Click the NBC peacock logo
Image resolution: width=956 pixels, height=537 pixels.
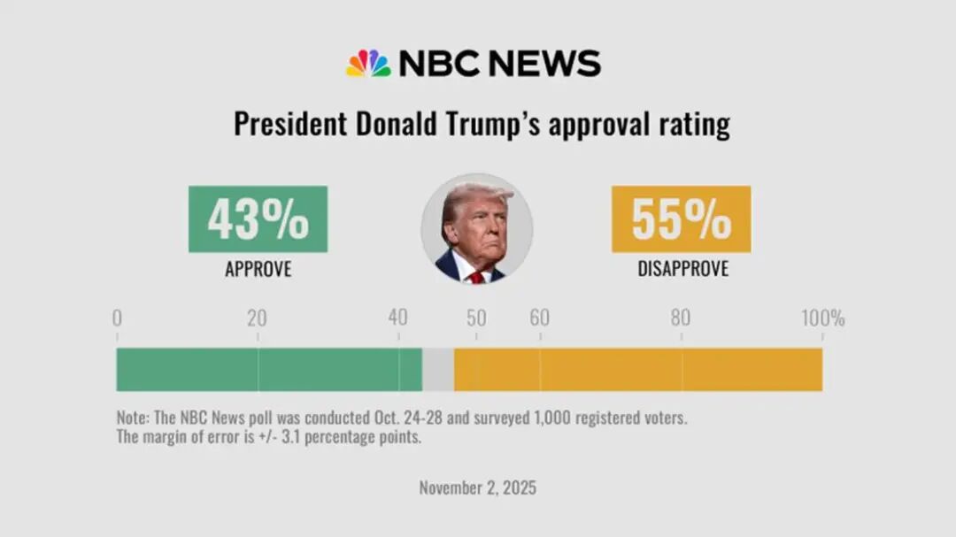[x=367, y=64]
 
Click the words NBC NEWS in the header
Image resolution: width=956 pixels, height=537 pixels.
[x=499, y=64]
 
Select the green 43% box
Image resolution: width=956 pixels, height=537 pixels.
[x=258, y=219]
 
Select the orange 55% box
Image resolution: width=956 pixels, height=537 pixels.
[x=681, y=219]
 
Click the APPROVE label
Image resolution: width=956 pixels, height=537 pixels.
[x=258, y=269]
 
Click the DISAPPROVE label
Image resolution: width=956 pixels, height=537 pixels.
[x=682, y=269]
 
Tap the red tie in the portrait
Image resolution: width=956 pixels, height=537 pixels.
[x=477, y=277]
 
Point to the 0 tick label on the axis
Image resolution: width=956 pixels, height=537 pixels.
[x=117, y=318]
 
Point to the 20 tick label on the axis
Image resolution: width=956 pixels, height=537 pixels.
[x=257, y=318]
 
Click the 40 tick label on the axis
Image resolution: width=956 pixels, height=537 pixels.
[x=397, y=318]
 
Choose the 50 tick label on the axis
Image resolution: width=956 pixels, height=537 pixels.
[x=476, y=318]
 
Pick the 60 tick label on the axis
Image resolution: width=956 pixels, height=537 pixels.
[x=539, y=318]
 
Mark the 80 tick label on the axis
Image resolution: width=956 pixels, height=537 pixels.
[x=680, y=318]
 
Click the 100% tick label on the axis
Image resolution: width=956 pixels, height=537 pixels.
[x=822, y=318]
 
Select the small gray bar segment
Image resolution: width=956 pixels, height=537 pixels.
[x=438, y=370]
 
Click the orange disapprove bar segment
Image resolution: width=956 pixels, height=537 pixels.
[x=638, y=370]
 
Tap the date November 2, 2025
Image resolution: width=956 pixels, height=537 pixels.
[x=477, y=487]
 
